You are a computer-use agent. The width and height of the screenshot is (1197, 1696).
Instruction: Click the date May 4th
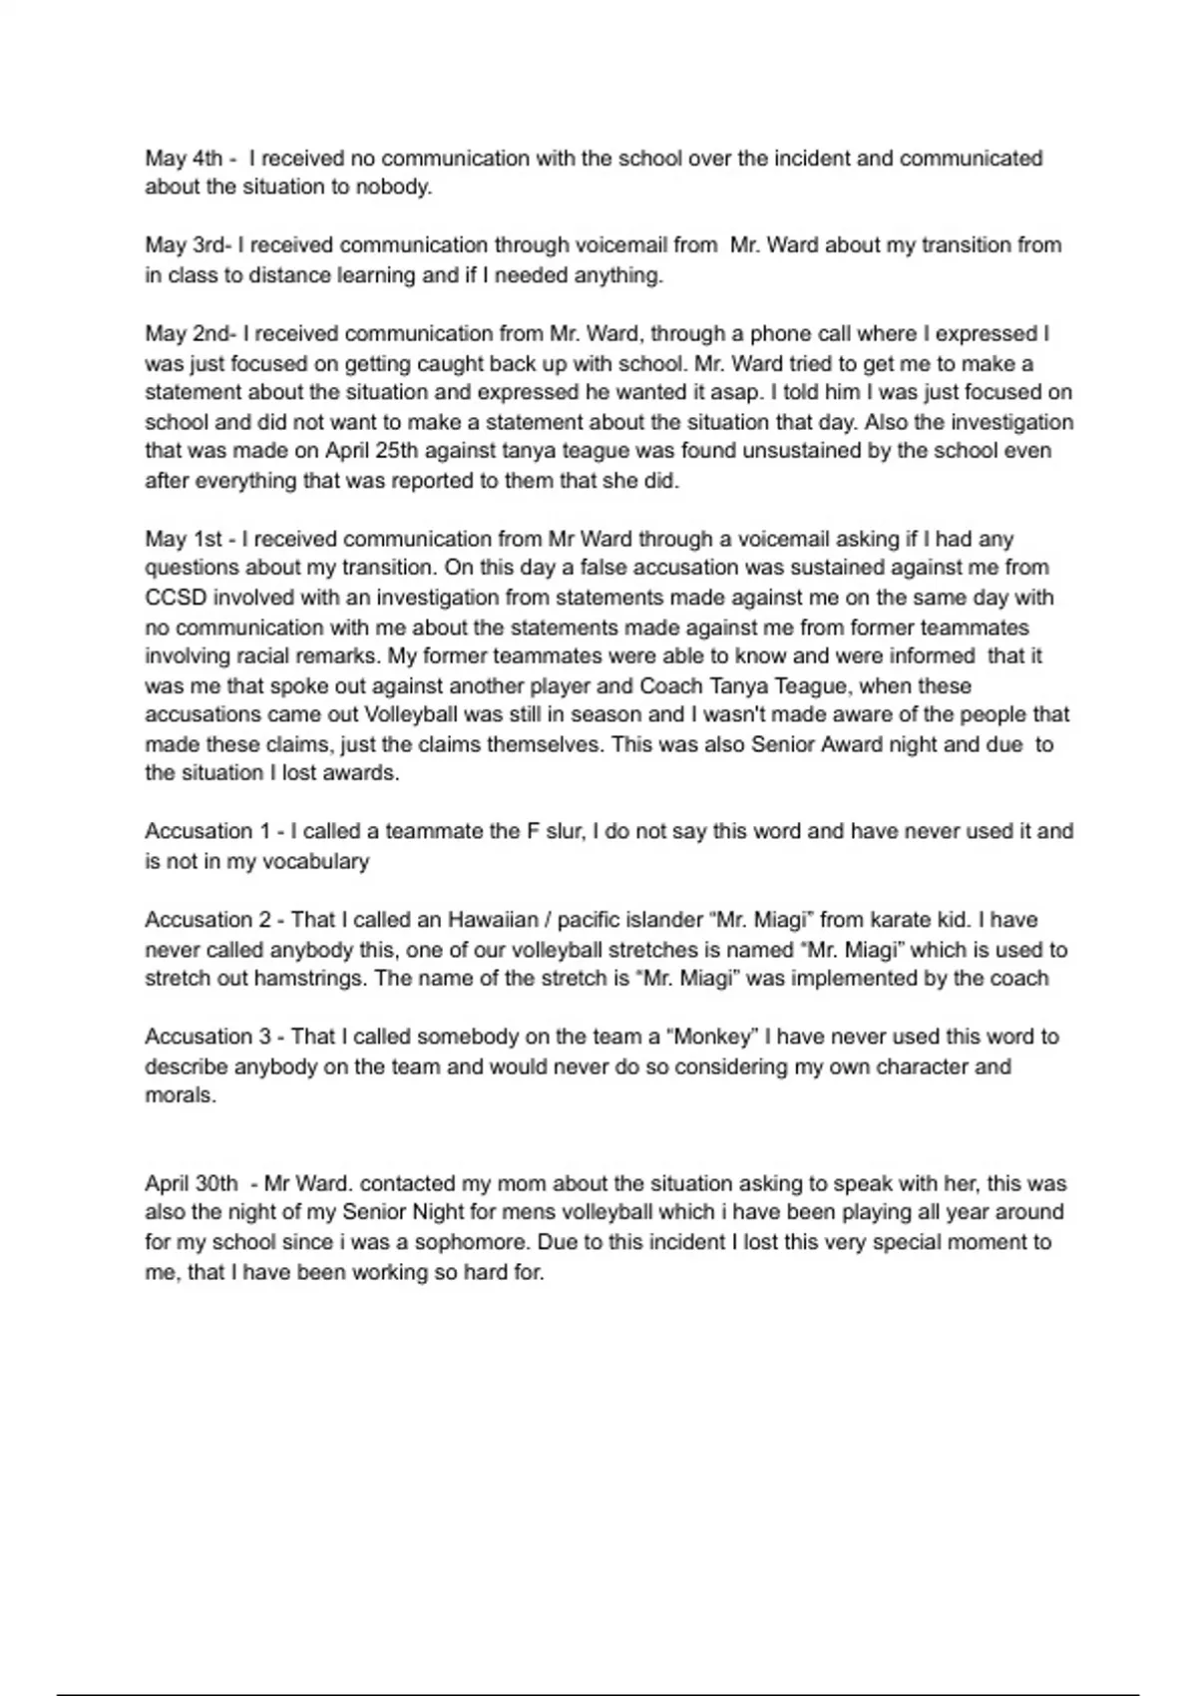coord(184,159)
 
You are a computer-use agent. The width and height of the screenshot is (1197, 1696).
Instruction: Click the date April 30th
coord(192,1184)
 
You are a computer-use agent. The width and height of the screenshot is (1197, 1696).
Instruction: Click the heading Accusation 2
coord(208,920)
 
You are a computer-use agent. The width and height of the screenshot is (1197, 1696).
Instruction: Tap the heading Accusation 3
coord(208,1038)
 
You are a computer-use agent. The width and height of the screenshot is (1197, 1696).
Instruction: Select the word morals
coord(180,1095)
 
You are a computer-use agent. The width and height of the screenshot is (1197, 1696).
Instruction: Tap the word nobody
coord(394,188)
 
